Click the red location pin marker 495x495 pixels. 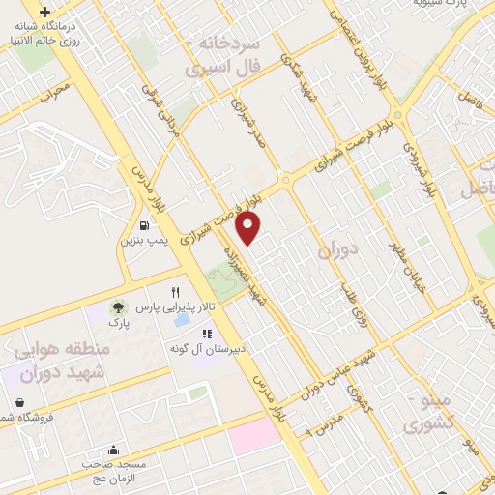[x=250, y=226]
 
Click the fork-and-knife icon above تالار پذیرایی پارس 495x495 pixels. [x=175, y=291]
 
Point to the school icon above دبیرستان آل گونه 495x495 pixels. [x=205, y=333]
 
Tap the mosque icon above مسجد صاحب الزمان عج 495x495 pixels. [x=114, y=450]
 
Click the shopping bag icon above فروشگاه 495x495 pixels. [x=20, y=402]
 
